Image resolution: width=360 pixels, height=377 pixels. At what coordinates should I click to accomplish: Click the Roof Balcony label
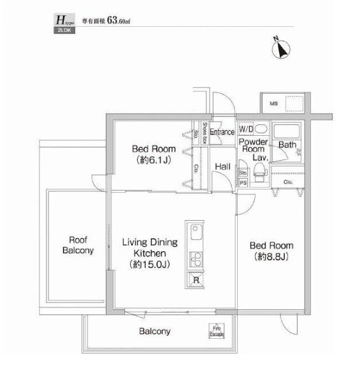[78, 245]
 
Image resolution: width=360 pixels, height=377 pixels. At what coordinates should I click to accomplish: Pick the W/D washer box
[245, 128]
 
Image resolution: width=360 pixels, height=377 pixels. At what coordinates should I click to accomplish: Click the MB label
[273, 103]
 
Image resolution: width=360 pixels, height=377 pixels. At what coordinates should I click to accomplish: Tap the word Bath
[287, 144]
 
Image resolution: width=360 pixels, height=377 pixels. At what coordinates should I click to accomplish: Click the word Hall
[222, 166]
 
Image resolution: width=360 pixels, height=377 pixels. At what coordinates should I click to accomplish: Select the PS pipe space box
[243, 181]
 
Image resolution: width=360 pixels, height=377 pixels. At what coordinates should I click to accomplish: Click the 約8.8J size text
[271, 257]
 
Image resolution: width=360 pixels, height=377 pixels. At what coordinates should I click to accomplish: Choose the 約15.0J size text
[150, 263]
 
